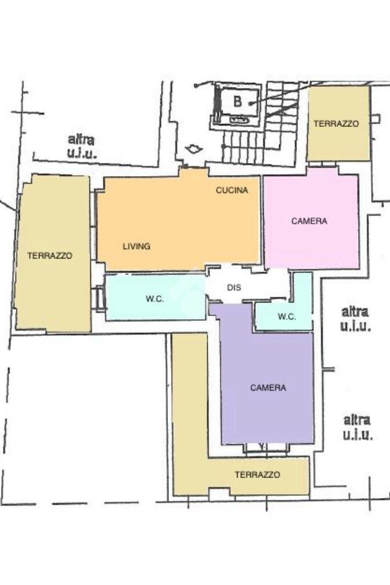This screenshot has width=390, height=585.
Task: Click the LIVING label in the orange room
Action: click(x=136, y=246)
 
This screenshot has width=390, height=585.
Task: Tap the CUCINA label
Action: click(x=232, y=190)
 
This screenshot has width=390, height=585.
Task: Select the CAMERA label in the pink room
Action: click(x=309, y=221)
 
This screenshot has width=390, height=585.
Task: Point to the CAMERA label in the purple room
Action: click(x=268, y=388)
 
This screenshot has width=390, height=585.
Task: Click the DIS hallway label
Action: click(x=234, y=288)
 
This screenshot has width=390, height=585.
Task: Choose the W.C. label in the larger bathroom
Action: click(x=155, y=299)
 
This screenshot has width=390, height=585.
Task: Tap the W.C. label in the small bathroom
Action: click(x=287, y=317)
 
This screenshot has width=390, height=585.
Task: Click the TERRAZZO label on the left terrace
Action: click(x=50, y=256)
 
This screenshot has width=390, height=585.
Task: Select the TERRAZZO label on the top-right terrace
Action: click(x=336, y=124)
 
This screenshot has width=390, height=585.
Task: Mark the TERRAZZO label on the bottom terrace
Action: click(x=257, y=475)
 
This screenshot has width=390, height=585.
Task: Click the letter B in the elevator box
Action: click(x=238, y=102)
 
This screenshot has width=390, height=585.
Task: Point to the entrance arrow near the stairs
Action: click(x=194, y=149)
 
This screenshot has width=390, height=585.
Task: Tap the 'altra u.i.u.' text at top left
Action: click(x=82, y=146)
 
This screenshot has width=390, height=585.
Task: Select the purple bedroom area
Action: click(x=268, y=412)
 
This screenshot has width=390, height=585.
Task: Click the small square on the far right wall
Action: click(x=375, y=118)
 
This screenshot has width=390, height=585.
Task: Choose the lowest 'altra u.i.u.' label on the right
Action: click(x=357, y=428)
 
